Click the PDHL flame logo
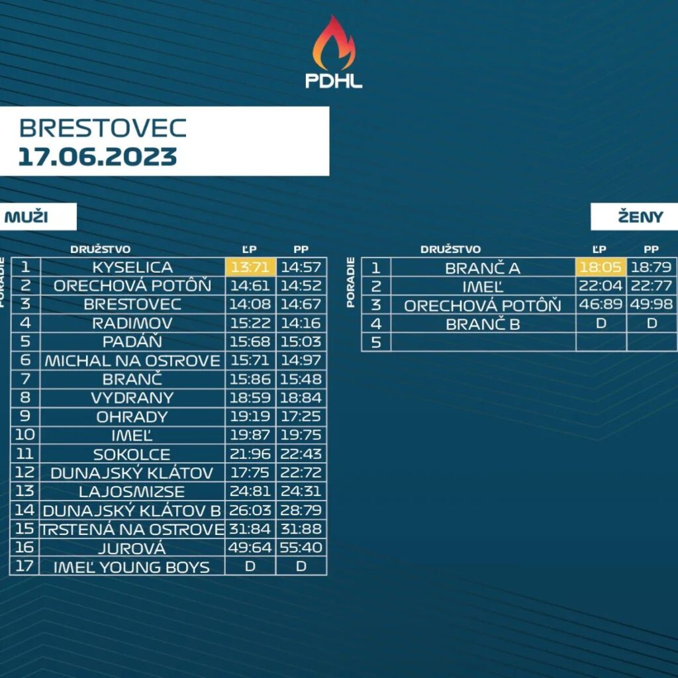point(334,52)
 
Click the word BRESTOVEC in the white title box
point(103,128)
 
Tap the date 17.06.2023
point(98,156)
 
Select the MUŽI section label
point(26,217)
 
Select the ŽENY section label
point(640,217)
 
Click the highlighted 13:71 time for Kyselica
point(250,267)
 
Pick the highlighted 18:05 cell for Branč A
point(601,267)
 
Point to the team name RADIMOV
point(132,323)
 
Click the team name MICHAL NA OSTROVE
point(132,361)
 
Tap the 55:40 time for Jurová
point(301,548)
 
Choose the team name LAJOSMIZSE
point(132,492)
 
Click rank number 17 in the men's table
point(24,565)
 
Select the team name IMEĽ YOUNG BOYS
point(132,567)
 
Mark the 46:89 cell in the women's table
point(601,305)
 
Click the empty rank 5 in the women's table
point(376,342)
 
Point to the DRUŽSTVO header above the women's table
point(450,249)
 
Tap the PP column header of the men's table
point(301,249)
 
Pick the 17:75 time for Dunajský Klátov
point(250,473)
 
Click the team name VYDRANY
point(132,398)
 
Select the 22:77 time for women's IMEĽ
point(652,286)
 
